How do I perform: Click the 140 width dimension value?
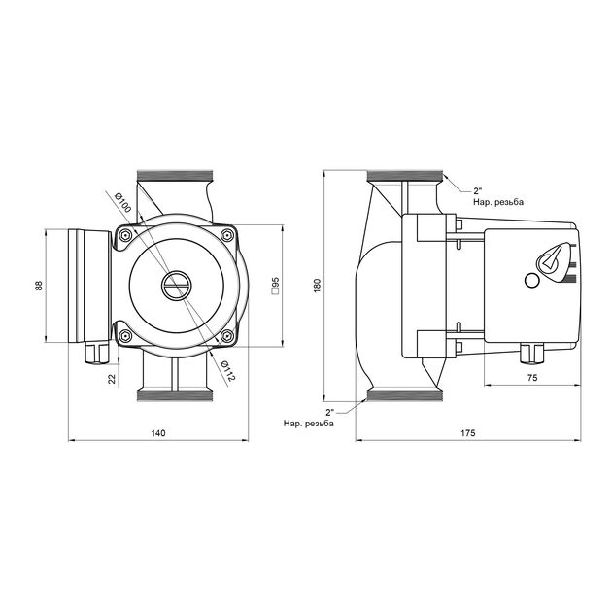point(158,433)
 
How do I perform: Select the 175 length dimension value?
point(468,433)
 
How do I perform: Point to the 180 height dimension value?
point(317,286)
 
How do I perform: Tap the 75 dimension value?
point(532,378)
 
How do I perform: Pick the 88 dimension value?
point(39,286)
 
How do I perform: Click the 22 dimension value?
point(112,378)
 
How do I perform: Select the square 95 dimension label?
point(276,286)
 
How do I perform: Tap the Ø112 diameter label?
point(228,371)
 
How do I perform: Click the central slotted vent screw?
point(176,286)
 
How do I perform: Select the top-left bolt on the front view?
point(125,235)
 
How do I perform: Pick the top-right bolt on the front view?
point(226,235)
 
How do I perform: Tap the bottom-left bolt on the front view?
point(125,336)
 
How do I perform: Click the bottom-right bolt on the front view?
point(226,336)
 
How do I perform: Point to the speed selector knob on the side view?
point(551,259)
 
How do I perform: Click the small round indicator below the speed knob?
point(531,280)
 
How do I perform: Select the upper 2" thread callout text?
point(497,196)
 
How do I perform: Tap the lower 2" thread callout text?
point(309,418)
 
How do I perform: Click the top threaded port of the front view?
point(175,176)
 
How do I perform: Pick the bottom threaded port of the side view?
point(405,395)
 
